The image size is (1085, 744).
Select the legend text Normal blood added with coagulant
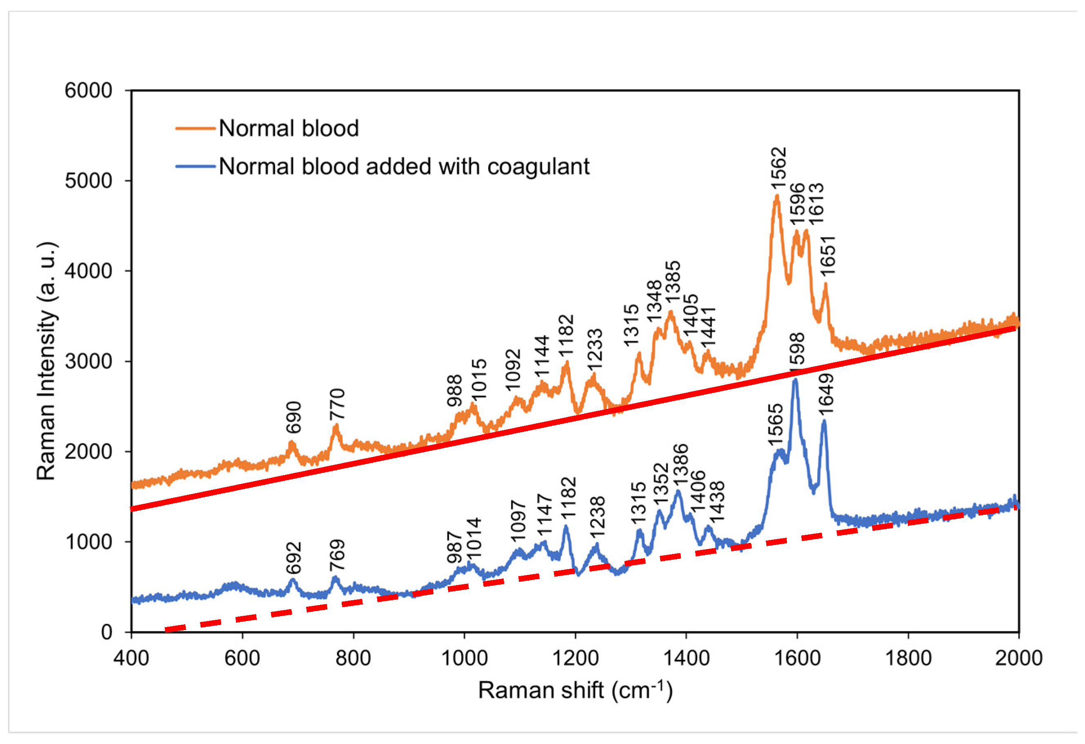[x=404, y=167]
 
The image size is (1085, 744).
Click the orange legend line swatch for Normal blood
[x=195, y=128]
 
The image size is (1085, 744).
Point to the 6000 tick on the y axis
[x=88, y=91]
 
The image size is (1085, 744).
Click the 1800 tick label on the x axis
[x=908, y=659]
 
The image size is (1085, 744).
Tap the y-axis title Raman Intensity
[x=47, y=361]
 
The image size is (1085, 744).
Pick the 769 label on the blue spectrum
[x=337, y=555]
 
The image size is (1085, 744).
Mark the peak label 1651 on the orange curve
[x=827, y=256]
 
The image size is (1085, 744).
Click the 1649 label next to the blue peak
[x=825, y=393]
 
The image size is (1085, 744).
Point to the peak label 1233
[x=595, y=349]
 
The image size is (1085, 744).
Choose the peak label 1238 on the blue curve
[x=597, y=517]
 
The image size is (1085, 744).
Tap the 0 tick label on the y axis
[x=107, y=632]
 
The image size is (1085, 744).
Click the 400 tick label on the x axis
[x=131, y=659]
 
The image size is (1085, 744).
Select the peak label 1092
[x=513, y=370]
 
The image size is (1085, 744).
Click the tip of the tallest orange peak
[x=777, y=196]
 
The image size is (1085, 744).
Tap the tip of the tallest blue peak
[x=795, y=380]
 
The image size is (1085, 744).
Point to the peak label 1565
[x=775, y=425]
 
